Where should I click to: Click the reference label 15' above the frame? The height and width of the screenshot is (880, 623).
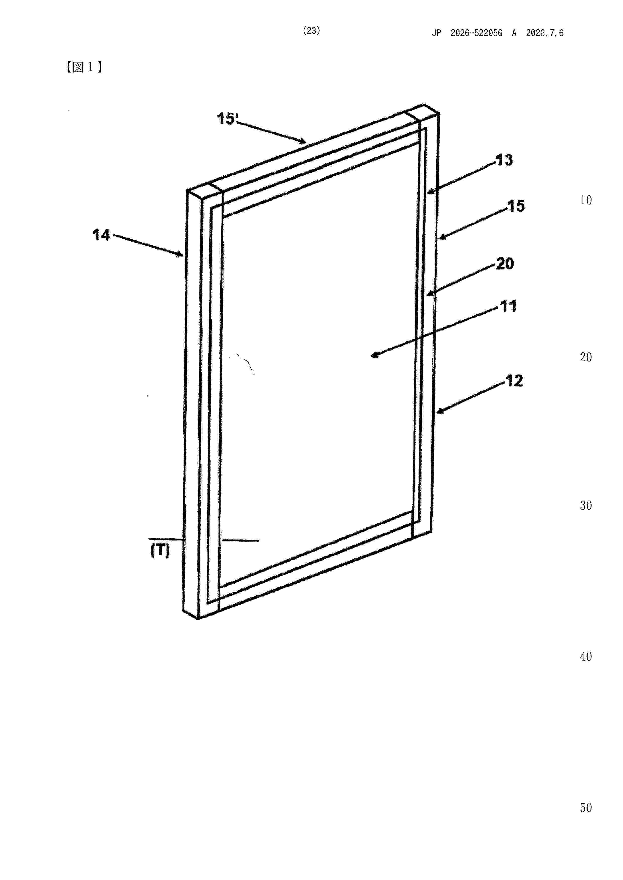click(228, 119)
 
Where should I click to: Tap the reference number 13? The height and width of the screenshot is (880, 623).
click(504, 160)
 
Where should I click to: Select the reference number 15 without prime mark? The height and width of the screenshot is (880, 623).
click(516, 206)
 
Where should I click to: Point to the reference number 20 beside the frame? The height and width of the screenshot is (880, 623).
click(505, 264)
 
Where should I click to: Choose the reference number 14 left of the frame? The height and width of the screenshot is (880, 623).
click(101, 235)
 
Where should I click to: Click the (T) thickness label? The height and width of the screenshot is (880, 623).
click(160, 551)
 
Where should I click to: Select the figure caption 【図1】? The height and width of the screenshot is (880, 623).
click(84, 67)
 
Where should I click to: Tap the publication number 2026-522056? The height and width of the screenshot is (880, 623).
click(477, 33)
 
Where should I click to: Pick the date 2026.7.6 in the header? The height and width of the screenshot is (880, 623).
click(545, 33)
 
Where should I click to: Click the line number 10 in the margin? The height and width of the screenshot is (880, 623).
click(586, 200)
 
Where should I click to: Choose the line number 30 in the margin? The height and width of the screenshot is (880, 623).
click(586, 506)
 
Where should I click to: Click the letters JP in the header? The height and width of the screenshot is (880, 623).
click(437, 33)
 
